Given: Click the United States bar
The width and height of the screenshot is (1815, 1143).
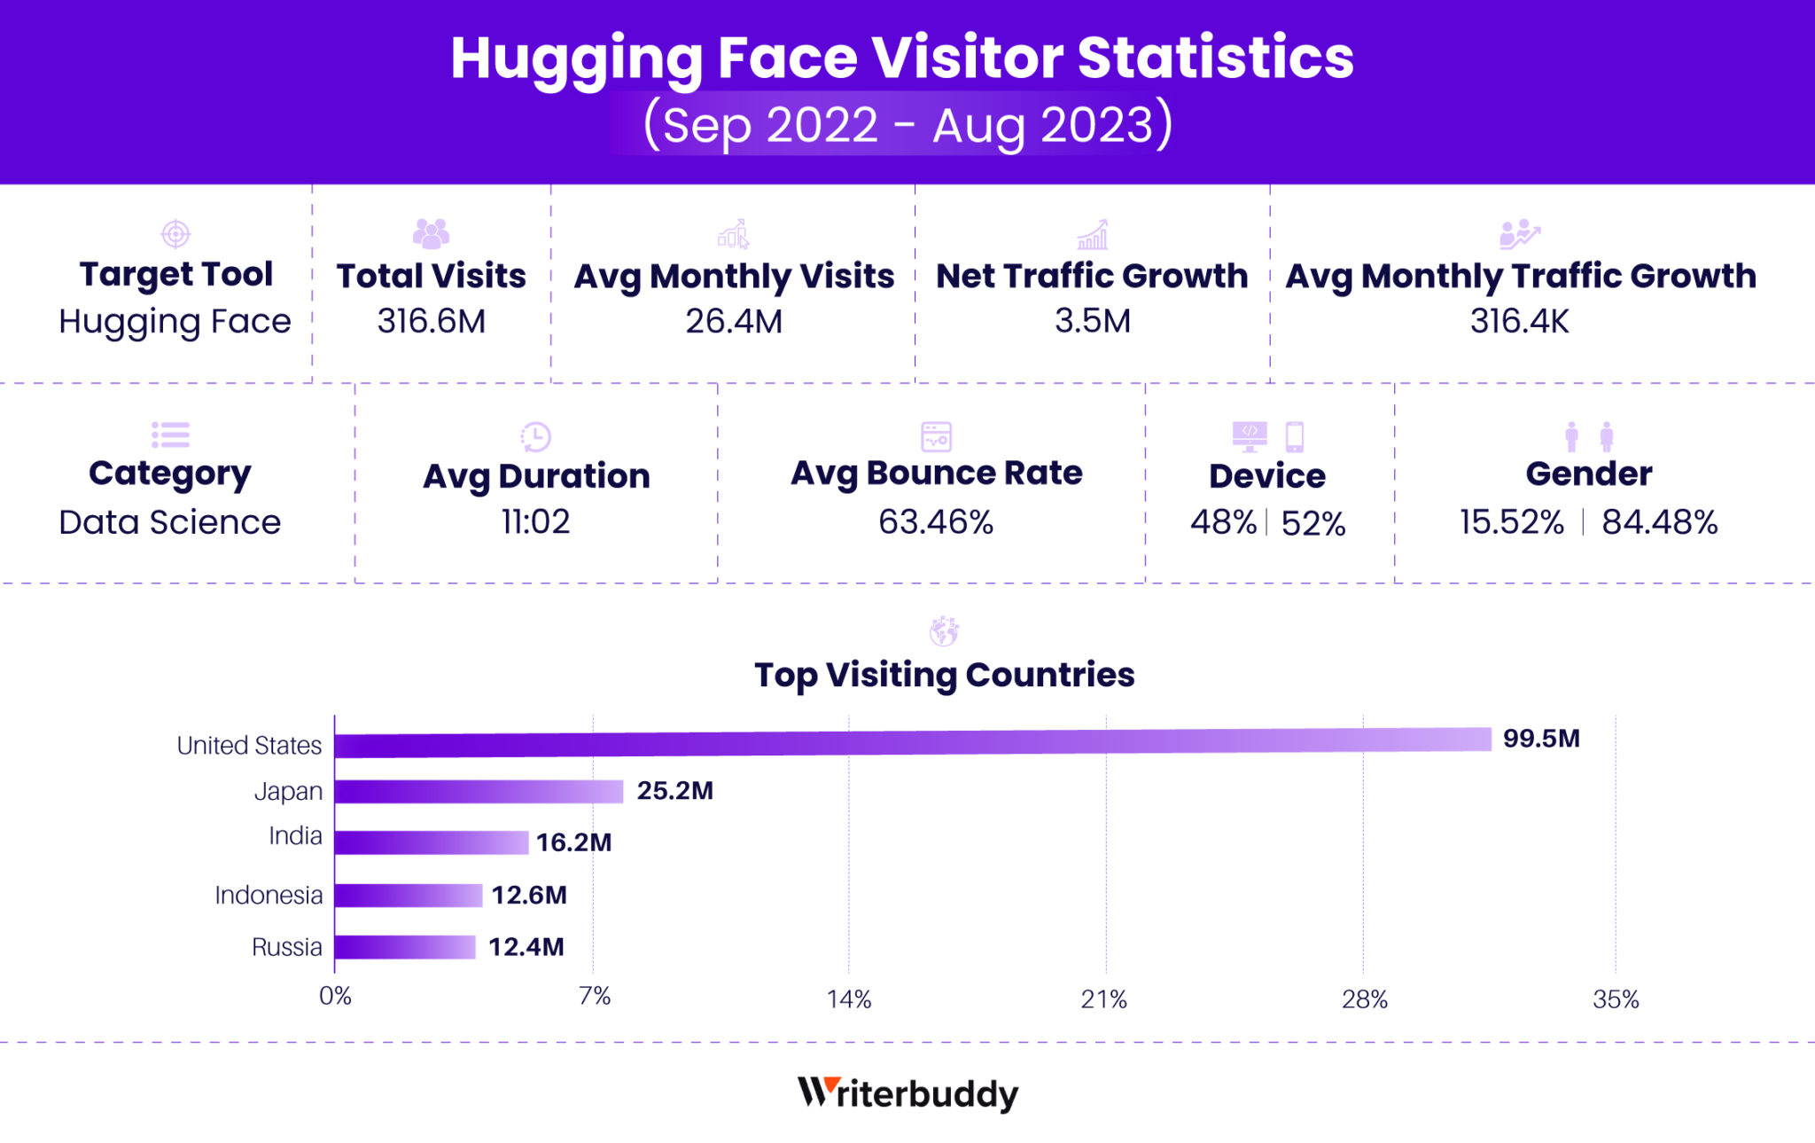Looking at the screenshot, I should coord(913,742).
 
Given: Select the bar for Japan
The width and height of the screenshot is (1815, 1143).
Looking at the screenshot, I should coord(479,791).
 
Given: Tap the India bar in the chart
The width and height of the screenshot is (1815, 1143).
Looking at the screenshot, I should coord(432,842).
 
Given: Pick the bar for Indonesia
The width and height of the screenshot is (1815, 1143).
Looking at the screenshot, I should coord(409,896).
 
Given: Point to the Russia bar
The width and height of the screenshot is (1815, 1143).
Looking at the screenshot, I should coord(405,947).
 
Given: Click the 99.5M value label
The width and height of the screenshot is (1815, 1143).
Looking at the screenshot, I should coord(1541,739).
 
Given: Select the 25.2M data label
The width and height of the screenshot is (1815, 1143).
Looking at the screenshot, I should coord(674,790).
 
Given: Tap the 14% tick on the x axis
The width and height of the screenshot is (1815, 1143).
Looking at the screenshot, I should coord(849,999).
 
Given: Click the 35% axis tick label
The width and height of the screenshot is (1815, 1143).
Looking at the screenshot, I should coord(1616,999).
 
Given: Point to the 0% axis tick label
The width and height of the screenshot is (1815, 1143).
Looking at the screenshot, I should coord(335,996).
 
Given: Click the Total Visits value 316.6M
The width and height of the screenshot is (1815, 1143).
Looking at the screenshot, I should coord(432,321).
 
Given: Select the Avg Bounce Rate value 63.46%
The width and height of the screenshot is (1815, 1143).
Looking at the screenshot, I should coord(936,522).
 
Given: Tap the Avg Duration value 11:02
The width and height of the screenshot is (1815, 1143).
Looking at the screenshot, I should coord(535,521).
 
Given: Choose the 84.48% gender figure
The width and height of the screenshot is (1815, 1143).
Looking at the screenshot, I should coord(1659,522).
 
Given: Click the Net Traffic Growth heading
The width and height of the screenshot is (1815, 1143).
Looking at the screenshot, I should coord(1092,276).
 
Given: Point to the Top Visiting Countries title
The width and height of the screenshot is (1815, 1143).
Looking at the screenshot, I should coord(944,675).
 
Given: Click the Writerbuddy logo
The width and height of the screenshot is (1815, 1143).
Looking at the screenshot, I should coord(907,1093).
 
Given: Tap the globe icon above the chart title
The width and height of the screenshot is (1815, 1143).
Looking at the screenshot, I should coord(944,631).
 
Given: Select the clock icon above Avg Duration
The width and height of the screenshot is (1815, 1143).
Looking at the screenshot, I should coord(535,436).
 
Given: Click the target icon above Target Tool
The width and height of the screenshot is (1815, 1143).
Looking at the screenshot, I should coord(175,234).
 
